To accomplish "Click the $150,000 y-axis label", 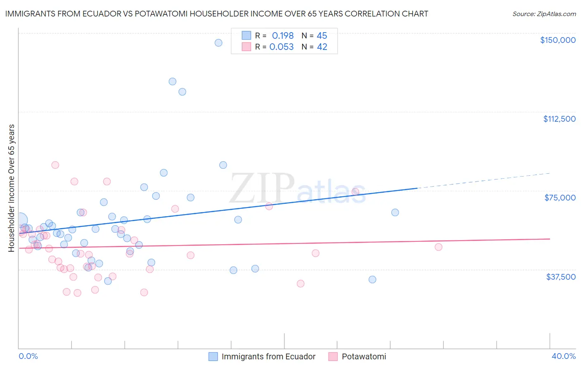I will [x=557, y=40].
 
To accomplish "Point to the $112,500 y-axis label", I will [x=559, y=119].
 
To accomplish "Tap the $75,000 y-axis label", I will [x=560, y=198].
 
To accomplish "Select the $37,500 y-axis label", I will [x=561, y=277].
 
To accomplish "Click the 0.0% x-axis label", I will [x=28, y=356].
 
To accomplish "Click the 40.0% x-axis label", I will [x=563, y=356].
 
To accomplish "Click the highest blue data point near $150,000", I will [x=219, y=43].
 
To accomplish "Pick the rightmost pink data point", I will [x=438, y=247].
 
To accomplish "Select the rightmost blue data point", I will [x=395, y=212].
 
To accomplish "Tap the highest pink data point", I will [x=55, y=165].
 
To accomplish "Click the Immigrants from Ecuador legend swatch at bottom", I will [x=213, y=356].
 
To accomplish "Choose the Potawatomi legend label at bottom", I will [x=364, y=356].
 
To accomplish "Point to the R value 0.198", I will [x=283, y=36].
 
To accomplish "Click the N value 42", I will [x=322, y=47].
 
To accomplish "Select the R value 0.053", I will [x=281, y=47].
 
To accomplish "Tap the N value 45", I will [x=322, y=36].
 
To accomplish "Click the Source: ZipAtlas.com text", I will [x=544, y=14].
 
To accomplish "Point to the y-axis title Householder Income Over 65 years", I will [x=12, y=188].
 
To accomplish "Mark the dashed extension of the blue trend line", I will [x=483, y=181].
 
